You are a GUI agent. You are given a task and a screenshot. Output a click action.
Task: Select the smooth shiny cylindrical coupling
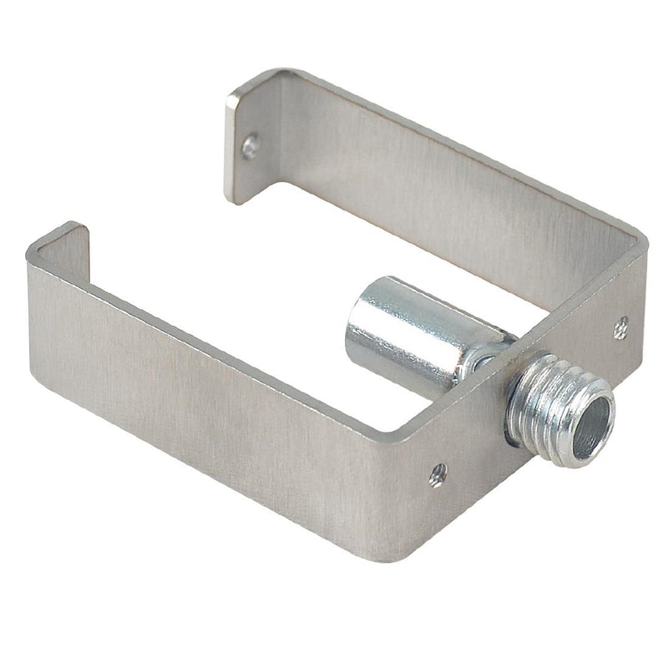coord(401,334)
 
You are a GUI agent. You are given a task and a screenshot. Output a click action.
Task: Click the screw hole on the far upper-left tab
coord(250,147)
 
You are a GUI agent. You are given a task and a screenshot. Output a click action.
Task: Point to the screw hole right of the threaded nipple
coord(620,328)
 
